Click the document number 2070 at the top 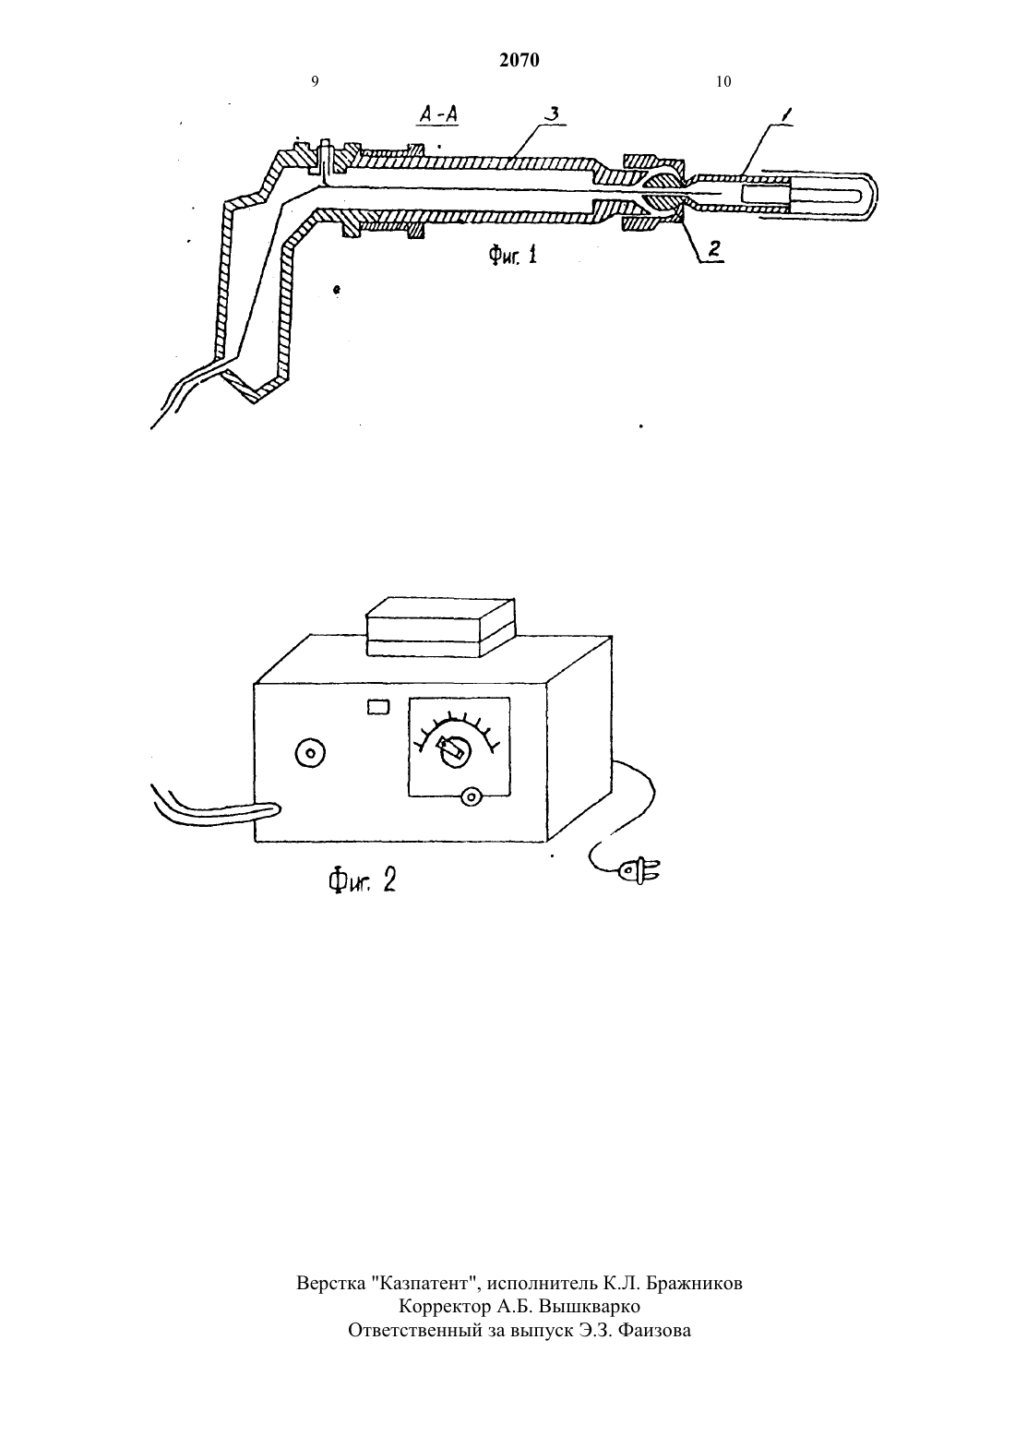(519, 60)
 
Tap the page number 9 (315, 81)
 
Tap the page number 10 (722, 81)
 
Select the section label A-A (438, 114)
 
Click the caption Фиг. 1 (513, 256)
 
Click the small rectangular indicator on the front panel (378, 706)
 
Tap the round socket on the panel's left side (310, 753)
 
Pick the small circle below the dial (471, 796)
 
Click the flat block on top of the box (440, 627)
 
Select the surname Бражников (694, 1284)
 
